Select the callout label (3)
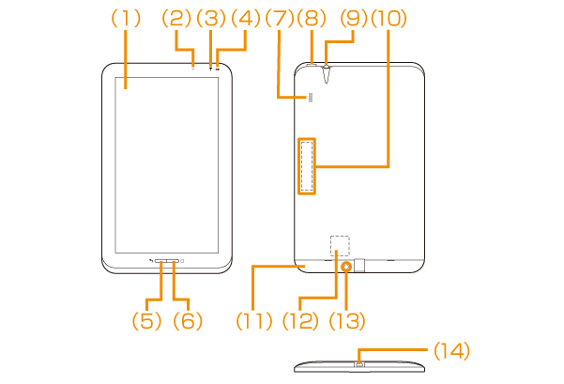pyautogui.click(x=212, y=18)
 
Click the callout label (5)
pyautogui.click(x=147, y=320)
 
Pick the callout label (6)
pyautogui.click(x=188, y=320)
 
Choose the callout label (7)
pyautogui.click(x=281, y=18)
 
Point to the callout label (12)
pyautogui.click(x=302, y=320)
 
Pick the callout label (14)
pyautogui.click(x=451, y=350)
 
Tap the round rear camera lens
pyautogui.click(x=347, y=267)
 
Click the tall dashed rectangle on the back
pyautogui.click(x=307, y=165)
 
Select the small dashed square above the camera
pyautogui.click(x=340, y=243)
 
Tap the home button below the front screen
pyautogui.click(x=166, y=261)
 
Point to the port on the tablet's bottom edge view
pyautogui.click(x=358, y=362)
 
